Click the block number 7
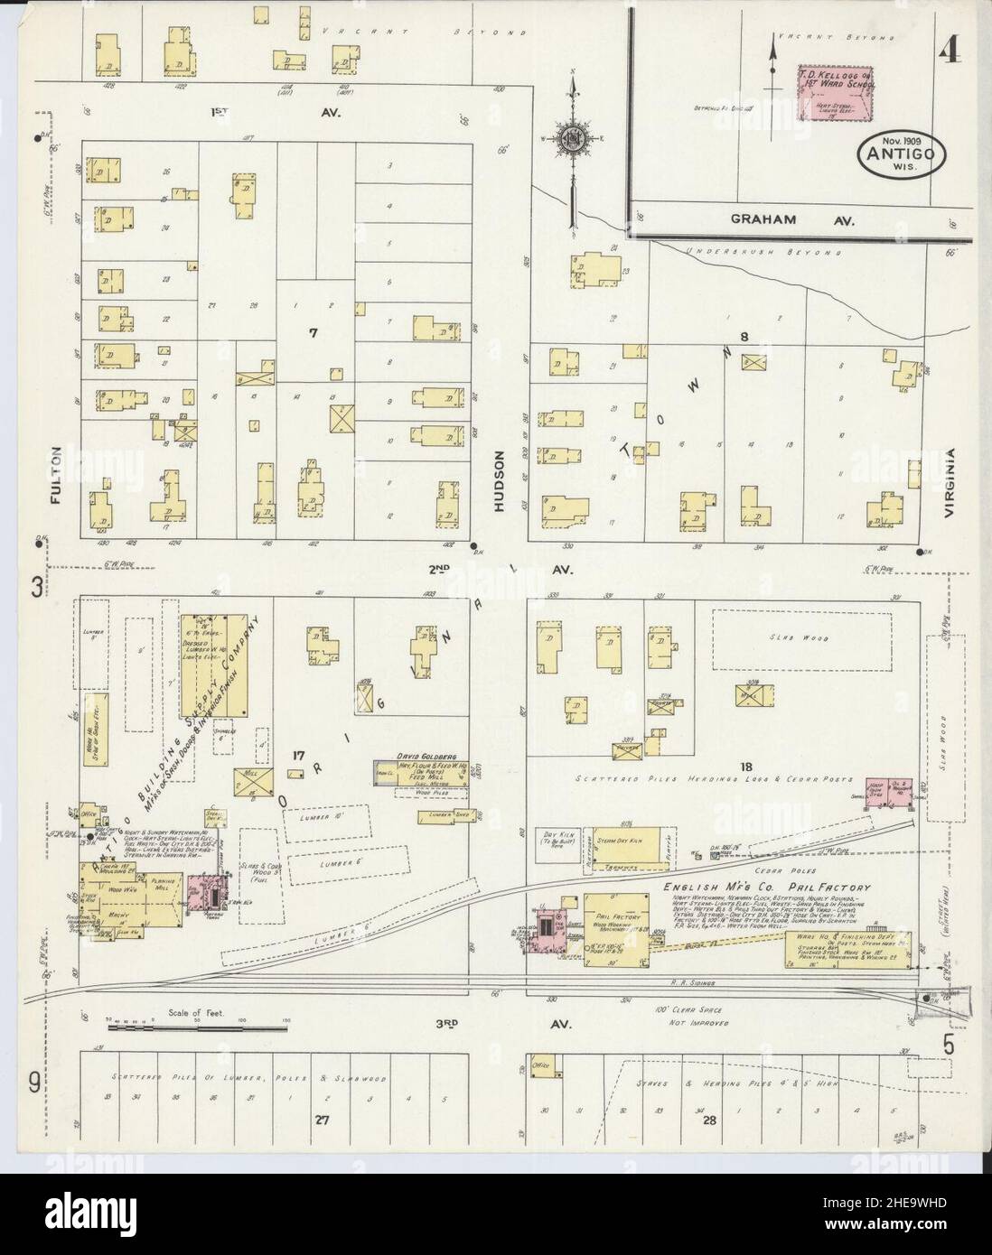tap(314, 333)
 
